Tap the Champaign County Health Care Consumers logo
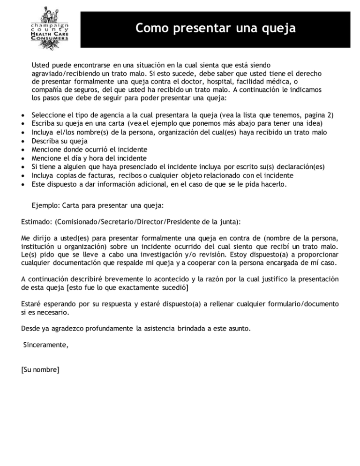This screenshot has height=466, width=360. point(49,26)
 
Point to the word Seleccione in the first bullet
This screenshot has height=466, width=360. point(49,114)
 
